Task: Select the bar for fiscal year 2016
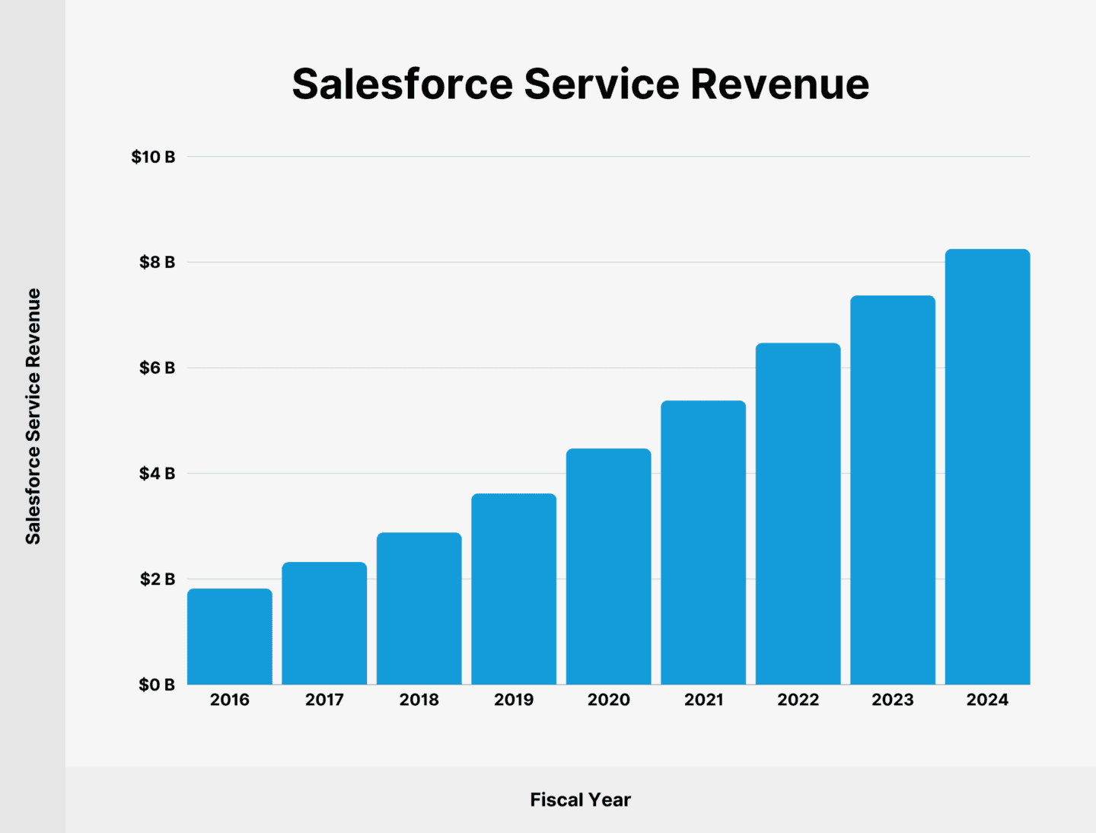pos(229,637)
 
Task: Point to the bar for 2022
pos(798,514)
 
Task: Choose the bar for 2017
pos(324,623)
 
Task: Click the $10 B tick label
pos(153,157)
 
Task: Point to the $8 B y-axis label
pos(157,263)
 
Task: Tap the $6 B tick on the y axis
pos(157,368)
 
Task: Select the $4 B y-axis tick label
pos(157,474)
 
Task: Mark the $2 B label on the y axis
pos(157,579)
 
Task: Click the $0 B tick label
pos(157,685)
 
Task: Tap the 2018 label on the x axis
pos(419,700)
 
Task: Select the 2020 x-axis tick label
pos(608,700)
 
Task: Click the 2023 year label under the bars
pos(892,700)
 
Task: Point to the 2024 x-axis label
pos(987,700)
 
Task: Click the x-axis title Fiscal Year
pos(580,800)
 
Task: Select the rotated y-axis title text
pos(33,416)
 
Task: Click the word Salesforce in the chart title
pos(402,84)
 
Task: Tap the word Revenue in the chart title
pos(779,84)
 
